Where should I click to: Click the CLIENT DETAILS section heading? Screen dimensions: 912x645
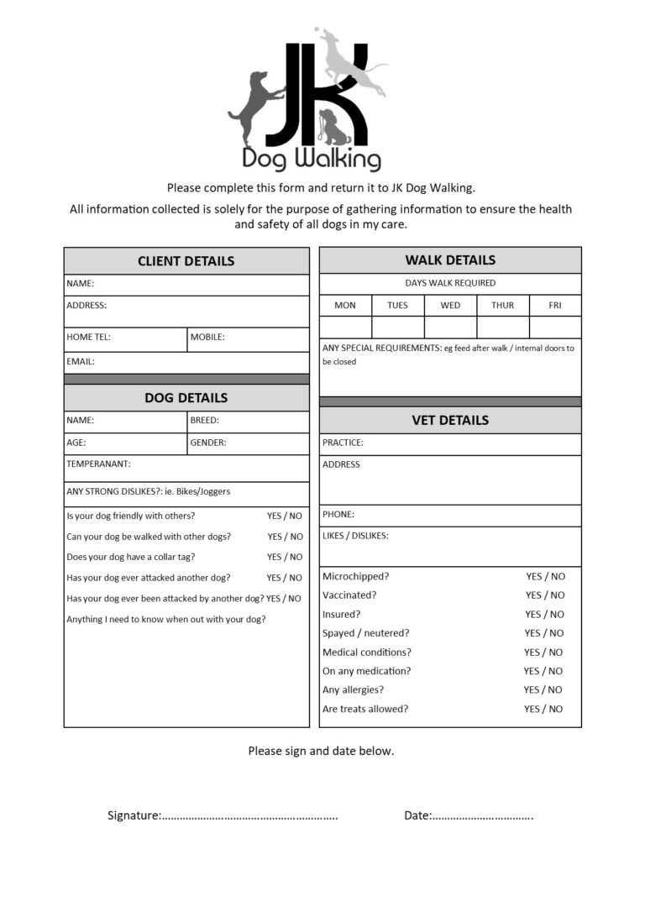pyautogui.click(x=186, y=261)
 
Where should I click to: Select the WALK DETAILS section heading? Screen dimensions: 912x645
pyautogui.click(x=450, y=260)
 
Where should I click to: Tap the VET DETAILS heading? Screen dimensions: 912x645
pyautogui.click(x=450, y=420)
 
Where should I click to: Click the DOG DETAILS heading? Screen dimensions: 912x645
pyautogui.click(x=186, y=398)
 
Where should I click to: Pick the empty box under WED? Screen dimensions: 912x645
pyautogui.click(x=450, y=327)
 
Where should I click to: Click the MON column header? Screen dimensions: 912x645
pyautogui.click(x=345, y=306)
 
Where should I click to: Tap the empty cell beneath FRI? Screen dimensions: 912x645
pyautogui.click(x=555, y=327)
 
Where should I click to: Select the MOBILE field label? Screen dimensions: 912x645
pyautogui.click(x=207, y=338)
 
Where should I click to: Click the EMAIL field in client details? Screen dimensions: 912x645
pyautogui.click(x=186, y=362)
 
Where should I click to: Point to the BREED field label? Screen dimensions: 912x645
pyautogui.click(x=204, y=420)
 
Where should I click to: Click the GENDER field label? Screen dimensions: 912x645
pyautogui.click(x=208, y=443)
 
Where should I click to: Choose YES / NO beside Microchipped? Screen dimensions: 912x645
pyautogui.click(x=545, y=577)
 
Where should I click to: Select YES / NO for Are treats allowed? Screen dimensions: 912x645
pyautogui.click(x=543, y=709)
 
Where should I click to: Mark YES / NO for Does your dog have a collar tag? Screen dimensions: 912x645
pyautogui.click(x=285, y=557)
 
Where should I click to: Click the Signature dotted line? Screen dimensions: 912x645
pyautogui.click(x=249, y=816)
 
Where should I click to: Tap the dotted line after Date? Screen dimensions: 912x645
pyautogui.click(x=483, y=816)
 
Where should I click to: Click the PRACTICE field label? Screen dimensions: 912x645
pyautogui.click(x=343, y=443)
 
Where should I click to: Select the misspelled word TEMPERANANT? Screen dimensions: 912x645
pyautogui.click(x=98, y=464)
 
